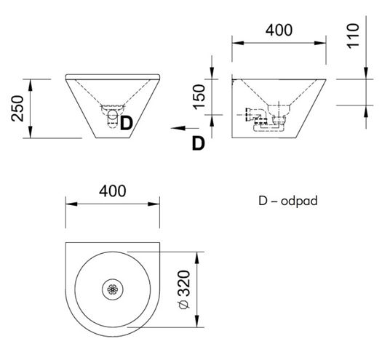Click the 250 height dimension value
click(17, 108)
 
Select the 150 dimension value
click(199, 97)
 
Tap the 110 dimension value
click(353, 36)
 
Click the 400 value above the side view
click(279, 31)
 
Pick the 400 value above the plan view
click(113, 191)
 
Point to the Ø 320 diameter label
click(184, 289)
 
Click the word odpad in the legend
click(299, 201)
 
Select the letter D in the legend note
click(263, 201)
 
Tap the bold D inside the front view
click(127, 123)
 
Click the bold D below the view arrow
click(199, 143)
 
